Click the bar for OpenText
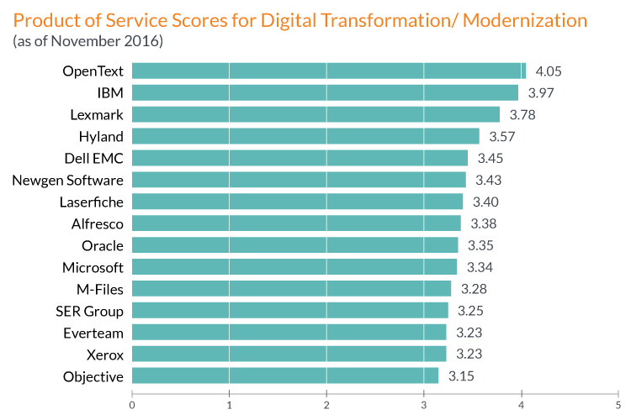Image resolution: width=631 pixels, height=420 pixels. click(x=328, y=71)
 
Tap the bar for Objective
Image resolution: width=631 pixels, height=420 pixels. click(x=285, y=376)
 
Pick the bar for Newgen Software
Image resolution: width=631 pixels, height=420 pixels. click(x=299, y=180)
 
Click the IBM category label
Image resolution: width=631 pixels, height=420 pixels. click(x=111, y=92)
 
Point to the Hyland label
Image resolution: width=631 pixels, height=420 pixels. click(x=101, y=136)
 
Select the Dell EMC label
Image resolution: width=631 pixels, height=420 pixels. click(x=93, y=158)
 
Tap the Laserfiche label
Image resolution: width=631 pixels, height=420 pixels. click(x=92, y=202)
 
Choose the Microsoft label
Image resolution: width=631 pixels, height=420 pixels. click(x=93, y=267)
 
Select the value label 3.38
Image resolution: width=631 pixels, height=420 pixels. click(x=485, y=223)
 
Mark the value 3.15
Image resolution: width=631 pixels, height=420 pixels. click(x=461, y=376)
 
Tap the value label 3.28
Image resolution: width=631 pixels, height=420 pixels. click(x=475, y=289)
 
